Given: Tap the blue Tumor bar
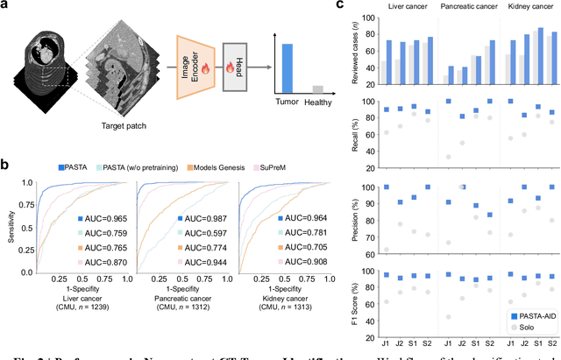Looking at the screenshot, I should point(287,67).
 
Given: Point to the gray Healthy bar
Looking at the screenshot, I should point(318,88).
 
